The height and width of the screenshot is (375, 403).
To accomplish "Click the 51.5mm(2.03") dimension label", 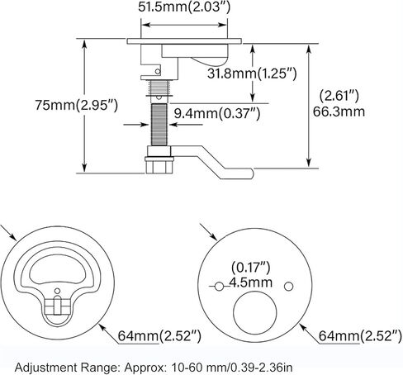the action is pos(184,7).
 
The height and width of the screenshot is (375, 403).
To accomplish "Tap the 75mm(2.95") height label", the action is pos(77,105).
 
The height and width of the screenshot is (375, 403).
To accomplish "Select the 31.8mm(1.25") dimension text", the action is pos(252,74).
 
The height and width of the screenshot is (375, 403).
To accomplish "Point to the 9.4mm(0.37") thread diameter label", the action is pos(217,113).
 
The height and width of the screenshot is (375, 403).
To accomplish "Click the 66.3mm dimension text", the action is pos(339,112).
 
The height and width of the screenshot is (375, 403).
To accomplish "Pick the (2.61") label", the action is pos(339,96).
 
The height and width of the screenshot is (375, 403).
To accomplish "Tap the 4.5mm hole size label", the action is pos(251,282).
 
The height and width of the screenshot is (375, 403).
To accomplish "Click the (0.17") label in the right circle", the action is pos(251,267).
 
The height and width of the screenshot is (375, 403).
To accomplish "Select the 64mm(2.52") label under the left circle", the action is pos(159,335).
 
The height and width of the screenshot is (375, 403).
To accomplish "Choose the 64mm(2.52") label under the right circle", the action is pos(360,335).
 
